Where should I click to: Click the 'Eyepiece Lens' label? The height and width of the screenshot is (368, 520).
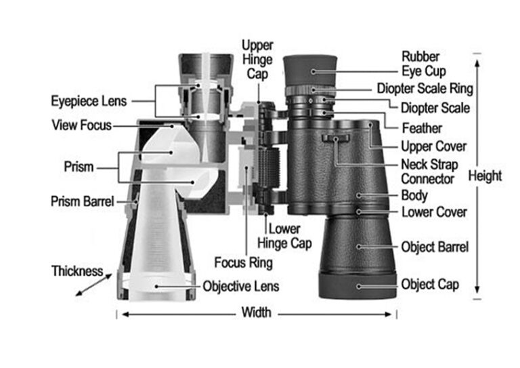89,101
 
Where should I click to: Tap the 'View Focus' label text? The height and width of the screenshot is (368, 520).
81,125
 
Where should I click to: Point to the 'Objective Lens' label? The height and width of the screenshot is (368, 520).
241,286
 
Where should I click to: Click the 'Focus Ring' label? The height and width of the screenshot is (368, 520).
243,262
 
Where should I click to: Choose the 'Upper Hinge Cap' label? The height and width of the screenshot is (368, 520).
257,59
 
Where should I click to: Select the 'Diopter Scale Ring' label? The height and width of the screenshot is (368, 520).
434,89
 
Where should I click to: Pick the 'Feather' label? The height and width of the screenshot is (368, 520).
421,128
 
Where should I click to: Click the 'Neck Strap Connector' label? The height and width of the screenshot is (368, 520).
429,171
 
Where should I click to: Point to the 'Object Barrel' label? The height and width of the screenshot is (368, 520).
434,247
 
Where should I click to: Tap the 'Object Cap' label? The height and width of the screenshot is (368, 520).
429,284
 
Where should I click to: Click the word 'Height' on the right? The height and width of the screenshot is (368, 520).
485,176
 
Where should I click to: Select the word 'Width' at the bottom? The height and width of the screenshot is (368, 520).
256,312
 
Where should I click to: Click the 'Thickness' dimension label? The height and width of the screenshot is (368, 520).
77,271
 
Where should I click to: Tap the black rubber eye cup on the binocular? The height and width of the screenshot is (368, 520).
310,70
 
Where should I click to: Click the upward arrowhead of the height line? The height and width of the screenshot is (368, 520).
478,60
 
